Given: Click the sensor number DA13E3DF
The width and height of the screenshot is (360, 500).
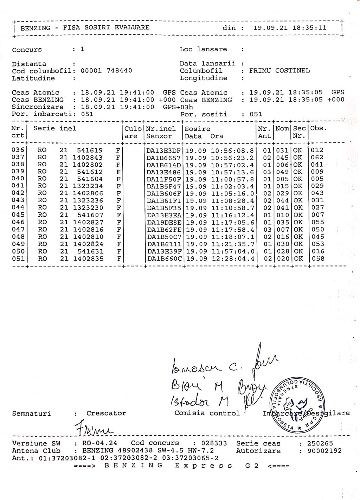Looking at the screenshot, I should [163, 150].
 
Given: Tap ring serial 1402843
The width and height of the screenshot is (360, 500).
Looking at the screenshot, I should [88, 158].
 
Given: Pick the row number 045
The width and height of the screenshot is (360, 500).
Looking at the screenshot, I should [18, 215].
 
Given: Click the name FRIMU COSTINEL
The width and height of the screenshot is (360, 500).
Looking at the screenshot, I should [279, 71].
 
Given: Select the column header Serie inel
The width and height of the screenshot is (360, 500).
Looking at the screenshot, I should [54, 128].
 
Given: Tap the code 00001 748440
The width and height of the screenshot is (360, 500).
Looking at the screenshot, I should [107, 71].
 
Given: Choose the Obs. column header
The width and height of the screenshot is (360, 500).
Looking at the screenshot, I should [319, 128].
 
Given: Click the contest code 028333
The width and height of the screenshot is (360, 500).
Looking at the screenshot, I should [214, 443].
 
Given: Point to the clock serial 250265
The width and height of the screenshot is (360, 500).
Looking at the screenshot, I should [320, 443].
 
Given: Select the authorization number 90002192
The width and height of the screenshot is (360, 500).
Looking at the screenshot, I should [324, 451].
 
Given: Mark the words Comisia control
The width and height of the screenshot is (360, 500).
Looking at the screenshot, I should [207, 413].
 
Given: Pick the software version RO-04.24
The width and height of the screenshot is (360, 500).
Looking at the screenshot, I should [99, 443].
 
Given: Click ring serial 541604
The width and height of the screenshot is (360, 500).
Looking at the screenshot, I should [90, 179].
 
